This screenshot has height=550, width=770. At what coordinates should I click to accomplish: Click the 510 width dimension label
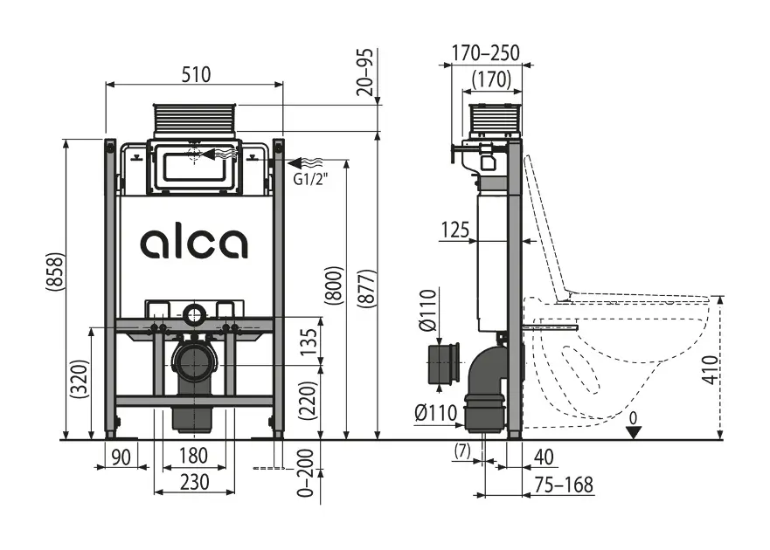[x=196, y=74]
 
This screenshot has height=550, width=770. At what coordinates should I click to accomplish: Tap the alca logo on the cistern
[x=194, y=244]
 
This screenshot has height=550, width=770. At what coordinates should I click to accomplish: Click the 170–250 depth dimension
[x=486, y=52]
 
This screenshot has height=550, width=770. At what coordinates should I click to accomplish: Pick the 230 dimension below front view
[x=194, y=481]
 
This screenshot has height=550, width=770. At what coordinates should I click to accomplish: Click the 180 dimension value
[x=193, y=455]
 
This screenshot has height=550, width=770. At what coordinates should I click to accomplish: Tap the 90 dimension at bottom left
[x=121, y=455]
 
